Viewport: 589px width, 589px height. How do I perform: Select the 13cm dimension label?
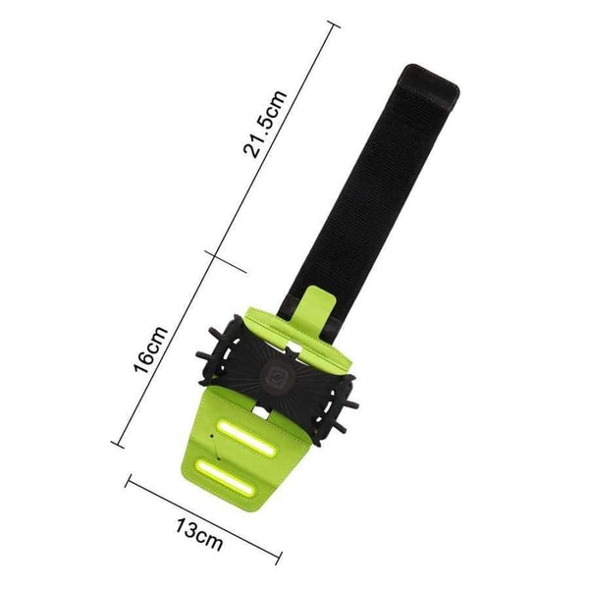click(x=200, y=535)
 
